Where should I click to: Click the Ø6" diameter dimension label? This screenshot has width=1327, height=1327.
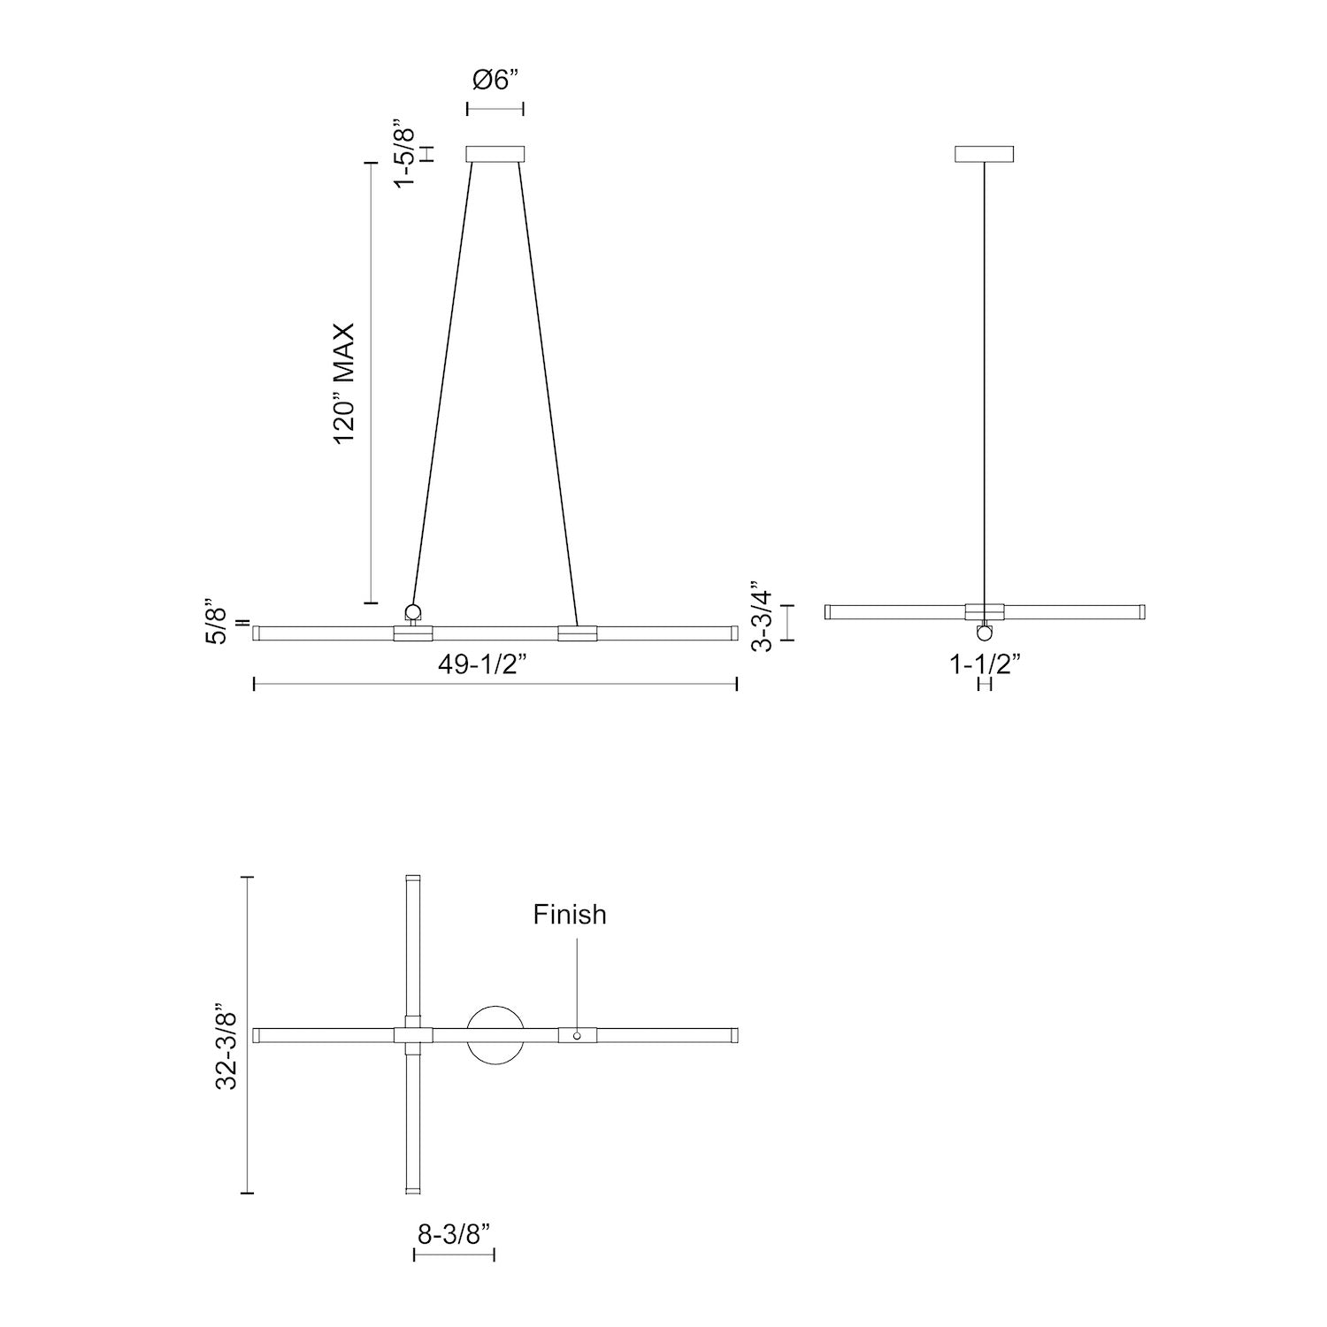tap(495, 80)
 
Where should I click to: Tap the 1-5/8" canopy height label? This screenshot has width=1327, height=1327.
tap(404, 152)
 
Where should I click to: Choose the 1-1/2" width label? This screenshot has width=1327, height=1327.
tap(986, 663)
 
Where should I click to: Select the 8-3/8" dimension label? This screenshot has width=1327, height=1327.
tap(454, 1234)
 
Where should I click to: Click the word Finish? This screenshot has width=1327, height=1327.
tap(570, 914)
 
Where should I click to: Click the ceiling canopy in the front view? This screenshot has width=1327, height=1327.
tap(495, 154)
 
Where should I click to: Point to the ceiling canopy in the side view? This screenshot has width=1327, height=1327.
tap(985, 154)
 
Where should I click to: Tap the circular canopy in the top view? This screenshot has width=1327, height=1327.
tap(495, 1034)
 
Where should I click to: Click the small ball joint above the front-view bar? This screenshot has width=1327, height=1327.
tap(413, 611)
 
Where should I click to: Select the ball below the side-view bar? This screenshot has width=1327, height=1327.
tap(985, 633)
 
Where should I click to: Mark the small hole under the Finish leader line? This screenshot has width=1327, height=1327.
tap(577, 1035)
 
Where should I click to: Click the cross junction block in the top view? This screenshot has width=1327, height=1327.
tap(412, 1035)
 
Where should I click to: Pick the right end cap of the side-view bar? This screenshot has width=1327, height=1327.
tap(1142, 611)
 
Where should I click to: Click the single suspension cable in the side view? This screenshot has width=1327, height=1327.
tap(985, 380)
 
